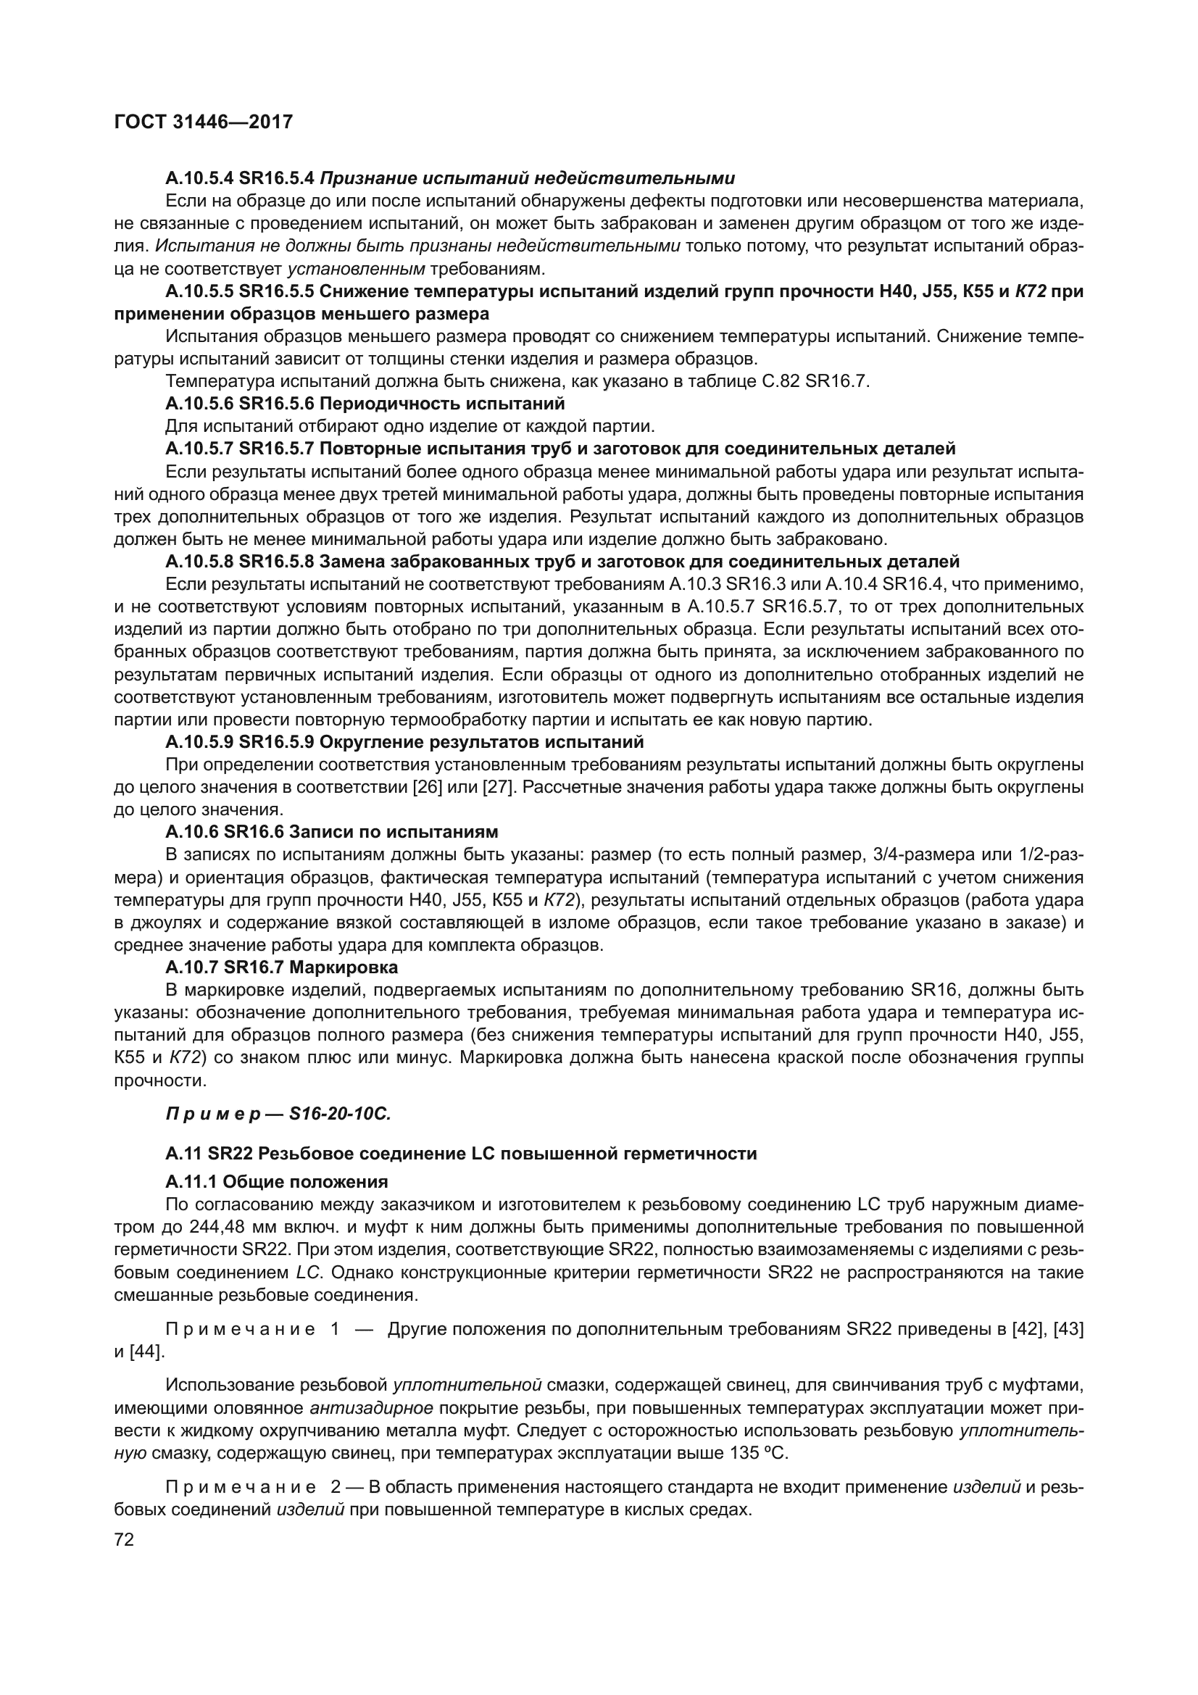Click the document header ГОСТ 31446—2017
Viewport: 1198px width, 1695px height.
(x=204, y=122)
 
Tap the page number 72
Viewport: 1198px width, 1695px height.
(x=124, y=1540)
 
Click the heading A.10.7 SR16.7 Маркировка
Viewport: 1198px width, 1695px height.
(x=281, y=967)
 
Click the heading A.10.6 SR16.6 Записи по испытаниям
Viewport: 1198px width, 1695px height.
(x=331, y=832)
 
